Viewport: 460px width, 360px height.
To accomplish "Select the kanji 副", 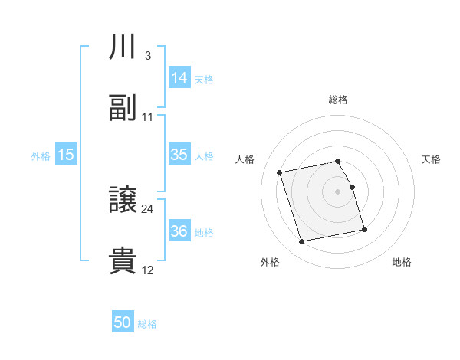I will [123, 108].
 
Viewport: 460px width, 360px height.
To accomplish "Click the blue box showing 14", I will [179, 77].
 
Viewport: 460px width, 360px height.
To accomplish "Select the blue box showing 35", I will [179, 154].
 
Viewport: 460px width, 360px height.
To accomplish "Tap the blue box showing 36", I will [179, 231].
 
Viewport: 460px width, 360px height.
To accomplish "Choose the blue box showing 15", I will [66, 155].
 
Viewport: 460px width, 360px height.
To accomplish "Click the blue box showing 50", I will [123, 322].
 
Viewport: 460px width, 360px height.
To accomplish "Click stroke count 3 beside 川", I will [147, 56].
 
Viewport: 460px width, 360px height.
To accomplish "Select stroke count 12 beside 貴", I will [148, 270].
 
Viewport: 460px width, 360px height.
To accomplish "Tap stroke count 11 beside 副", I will [148, 116].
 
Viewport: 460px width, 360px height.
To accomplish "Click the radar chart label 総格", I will [338, 100].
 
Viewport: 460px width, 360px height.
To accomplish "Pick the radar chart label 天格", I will [432, 159].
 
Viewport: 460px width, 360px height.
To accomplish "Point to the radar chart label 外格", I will [270, 263].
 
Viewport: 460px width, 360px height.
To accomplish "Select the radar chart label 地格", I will [402, 263].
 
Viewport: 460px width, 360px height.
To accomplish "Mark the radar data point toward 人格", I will [280, 172].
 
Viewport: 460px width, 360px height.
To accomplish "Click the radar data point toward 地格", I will [364, 230].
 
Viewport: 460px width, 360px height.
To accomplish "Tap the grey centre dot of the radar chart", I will [338, 191].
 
